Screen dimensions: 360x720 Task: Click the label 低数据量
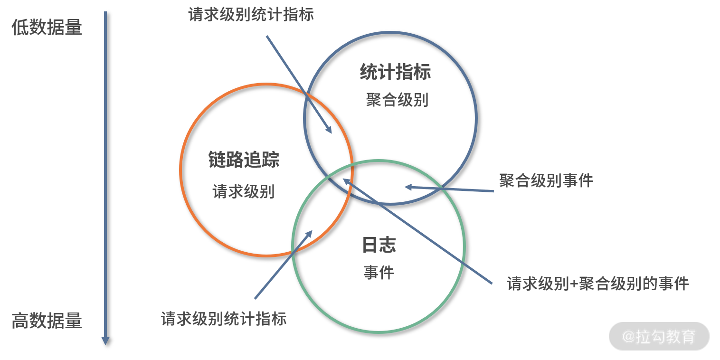pyautogui.click(x=47, y=28)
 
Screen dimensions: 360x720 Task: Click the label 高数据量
pyautogui.click(x=47, y=322)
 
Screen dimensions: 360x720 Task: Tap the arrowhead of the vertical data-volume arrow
pyautogui.click(x=105, y=341)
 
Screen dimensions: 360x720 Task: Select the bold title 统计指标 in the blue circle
pyautogui.click(x=395, y=72)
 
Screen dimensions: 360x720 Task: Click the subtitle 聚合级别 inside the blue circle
pyautogui.click(x=397, y=100)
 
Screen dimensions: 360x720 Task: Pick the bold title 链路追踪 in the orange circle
pyautogui.click(x=244, y=160)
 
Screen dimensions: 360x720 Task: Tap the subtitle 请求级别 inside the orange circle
pyautogui.click(x=243, y=191)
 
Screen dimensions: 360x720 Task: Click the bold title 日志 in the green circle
pyautogui.click(x=379, y=245)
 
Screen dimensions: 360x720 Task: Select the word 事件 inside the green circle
pyautogui.click(x=379, y=273)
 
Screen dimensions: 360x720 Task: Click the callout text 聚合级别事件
pyautogui.click(x=546, y=181)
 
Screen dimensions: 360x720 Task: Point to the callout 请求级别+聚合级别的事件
pyautogui.click(x=597, y=284)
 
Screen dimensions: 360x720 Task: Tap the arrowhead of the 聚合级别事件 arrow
pyautogui.click(x=407, y=187)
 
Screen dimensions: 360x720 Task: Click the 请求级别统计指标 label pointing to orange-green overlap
pyautogui.click(x=224, y=318)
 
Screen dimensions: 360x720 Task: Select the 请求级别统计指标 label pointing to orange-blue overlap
pyautogui.click(x=251, y=15)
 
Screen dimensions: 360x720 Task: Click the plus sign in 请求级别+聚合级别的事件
pyautogui.click(x=574, y=284)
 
